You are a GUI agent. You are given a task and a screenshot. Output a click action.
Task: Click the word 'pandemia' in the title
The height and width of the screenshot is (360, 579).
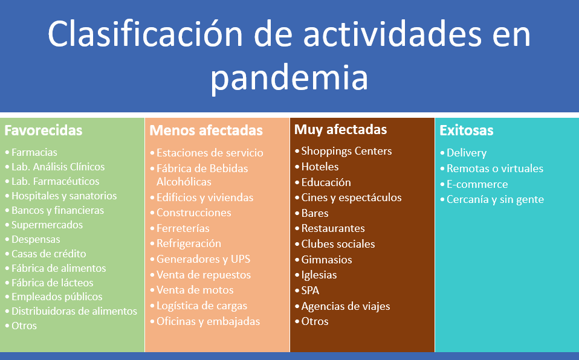point(289,78)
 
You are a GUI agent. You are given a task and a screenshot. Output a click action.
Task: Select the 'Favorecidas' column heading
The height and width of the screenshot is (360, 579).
point(43,130)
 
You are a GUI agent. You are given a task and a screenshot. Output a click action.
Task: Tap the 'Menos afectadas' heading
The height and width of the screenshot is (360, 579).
point(206,130)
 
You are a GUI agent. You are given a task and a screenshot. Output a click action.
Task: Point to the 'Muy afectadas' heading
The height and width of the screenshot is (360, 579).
point(340,130)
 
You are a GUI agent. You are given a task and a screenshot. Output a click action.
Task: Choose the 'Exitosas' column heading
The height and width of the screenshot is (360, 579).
point(467,130)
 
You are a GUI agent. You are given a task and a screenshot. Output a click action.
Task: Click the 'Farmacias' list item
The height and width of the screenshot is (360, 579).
point(34,152)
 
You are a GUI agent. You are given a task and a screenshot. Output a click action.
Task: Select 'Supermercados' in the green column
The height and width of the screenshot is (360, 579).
point(47,225)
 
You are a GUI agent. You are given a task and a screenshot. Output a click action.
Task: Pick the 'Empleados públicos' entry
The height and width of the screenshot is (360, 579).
point(57,297)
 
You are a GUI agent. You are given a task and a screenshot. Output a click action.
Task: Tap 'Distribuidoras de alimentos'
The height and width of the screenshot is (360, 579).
point(74,311)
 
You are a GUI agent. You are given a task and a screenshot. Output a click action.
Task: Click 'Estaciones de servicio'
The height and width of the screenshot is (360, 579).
point(210,153)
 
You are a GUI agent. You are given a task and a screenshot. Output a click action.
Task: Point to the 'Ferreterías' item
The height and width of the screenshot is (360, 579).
point(183,228)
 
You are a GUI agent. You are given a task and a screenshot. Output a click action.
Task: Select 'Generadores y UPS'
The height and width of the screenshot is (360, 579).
point(204,259)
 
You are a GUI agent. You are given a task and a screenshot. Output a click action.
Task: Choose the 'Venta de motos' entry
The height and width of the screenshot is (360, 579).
point(195,290)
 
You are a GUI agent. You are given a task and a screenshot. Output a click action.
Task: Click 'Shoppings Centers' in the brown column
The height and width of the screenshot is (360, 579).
point(346,151)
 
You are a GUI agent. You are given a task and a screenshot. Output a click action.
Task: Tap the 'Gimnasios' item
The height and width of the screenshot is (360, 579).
point(326,260)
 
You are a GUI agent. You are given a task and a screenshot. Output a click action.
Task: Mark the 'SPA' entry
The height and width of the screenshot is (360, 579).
point(310,291)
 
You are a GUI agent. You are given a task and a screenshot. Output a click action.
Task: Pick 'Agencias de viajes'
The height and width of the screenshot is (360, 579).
point(346,306)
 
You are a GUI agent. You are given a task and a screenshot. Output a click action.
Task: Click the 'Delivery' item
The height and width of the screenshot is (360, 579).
point(467,153)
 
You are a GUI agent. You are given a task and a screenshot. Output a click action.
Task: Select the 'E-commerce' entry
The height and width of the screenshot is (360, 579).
point(477,184)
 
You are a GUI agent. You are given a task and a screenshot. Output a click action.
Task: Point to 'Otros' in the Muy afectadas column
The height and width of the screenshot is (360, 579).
point(315,321)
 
